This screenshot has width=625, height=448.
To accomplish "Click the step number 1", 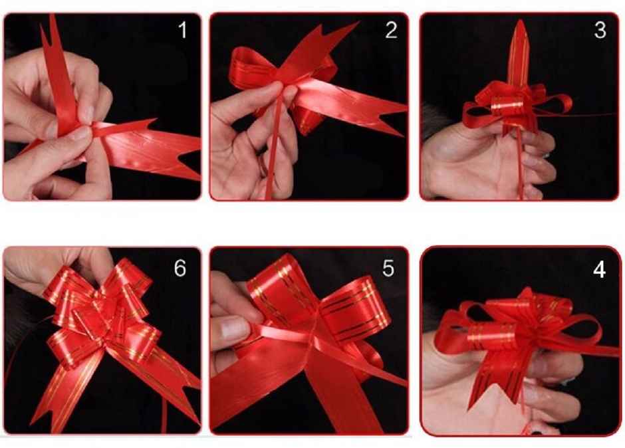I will coord(182,30).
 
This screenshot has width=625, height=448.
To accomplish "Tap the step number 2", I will coord(390,30).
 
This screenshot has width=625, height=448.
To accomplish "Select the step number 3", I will coord(600,31).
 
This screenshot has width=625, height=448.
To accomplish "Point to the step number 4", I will coord(600,271).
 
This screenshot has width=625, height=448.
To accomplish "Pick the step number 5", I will coord(388,268).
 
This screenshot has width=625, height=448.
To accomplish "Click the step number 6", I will coord(180,268).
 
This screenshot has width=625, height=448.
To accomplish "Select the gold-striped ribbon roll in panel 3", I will coord(507,106).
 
